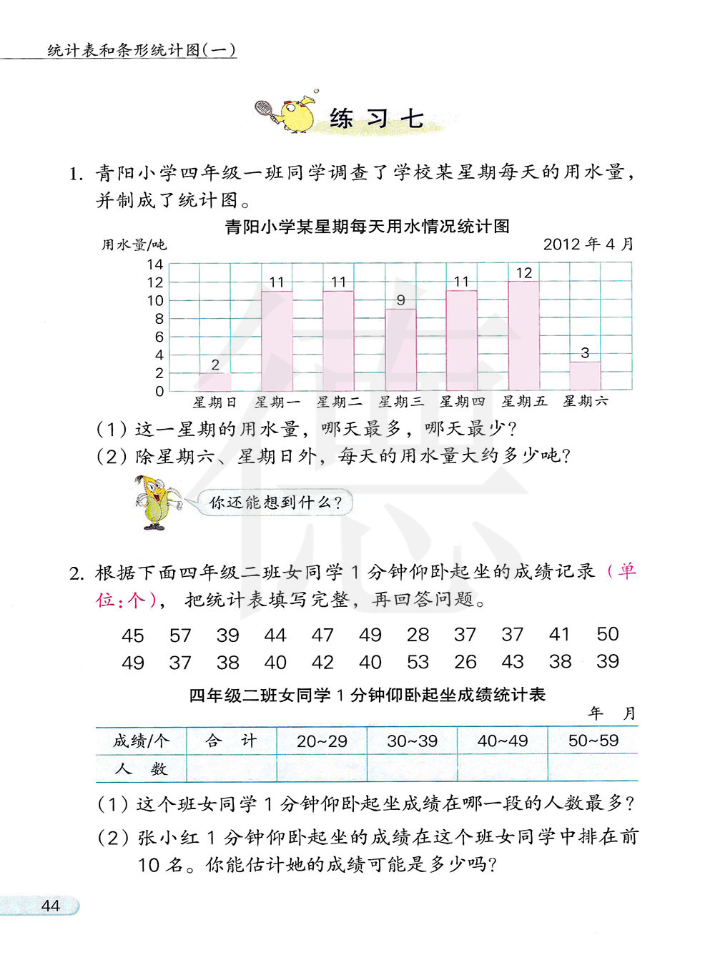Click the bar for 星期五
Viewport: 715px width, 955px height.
tap(523, 336)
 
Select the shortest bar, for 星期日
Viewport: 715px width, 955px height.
tap(214, 382)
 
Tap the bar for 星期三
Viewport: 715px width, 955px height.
tap(400, 350)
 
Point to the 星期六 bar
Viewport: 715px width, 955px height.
tap(585, 376)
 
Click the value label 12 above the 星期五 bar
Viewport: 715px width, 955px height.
tap(523, 273)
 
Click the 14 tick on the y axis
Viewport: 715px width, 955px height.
tap(155, 264)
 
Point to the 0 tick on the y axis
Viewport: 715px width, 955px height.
tap(159, 391)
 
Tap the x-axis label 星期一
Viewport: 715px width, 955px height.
tap(277, 402)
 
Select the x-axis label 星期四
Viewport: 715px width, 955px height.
tap(462, 402)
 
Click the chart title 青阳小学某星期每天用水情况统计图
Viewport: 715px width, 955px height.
tap(367, 227)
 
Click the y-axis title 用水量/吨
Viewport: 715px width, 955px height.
tap(134, 245)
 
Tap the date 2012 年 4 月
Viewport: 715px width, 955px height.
tap(588, 244)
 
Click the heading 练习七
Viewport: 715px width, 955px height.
tap(377, 119)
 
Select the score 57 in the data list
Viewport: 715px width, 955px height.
tap(180, 635)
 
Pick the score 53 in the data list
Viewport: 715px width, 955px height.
tap(418, 662)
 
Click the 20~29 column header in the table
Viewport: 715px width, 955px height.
tap(322, 741)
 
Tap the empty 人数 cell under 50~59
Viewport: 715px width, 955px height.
tap(593, 768)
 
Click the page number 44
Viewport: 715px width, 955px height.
tap(50, 906)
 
